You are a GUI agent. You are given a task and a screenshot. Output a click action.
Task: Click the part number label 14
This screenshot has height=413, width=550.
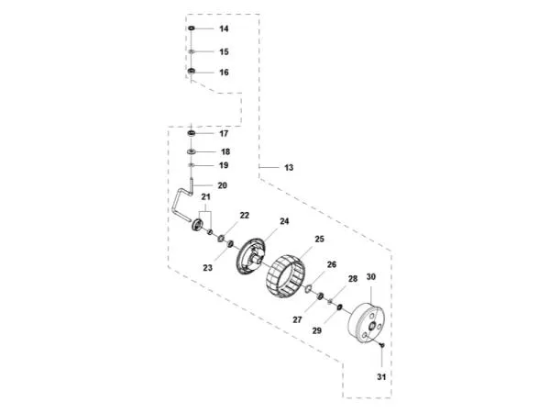pos(224,29)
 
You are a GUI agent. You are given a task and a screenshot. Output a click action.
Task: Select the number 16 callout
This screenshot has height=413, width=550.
pos(224,72)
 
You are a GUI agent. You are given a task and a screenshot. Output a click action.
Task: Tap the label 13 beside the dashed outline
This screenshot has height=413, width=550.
pos(289,168)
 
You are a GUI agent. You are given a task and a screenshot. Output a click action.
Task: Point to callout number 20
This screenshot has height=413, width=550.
pos(222,185)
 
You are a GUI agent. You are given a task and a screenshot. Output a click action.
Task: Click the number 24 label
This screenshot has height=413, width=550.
pos(284,221)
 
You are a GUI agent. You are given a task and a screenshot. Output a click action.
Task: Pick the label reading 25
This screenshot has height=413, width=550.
pos(319,240)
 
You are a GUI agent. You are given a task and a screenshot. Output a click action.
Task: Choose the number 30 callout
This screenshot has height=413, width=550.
pos(371,276)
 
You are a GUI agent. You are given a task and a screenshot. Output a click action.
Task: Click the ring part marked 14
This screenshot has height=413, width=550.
pos(191,29)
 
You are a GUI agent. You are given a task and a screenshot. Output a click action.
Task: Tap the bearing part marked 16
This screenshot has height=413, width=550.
pos(191,72)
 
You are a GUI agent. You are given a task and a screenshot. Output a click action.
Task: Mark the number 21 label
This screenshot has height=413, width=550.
pos(206,197)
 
